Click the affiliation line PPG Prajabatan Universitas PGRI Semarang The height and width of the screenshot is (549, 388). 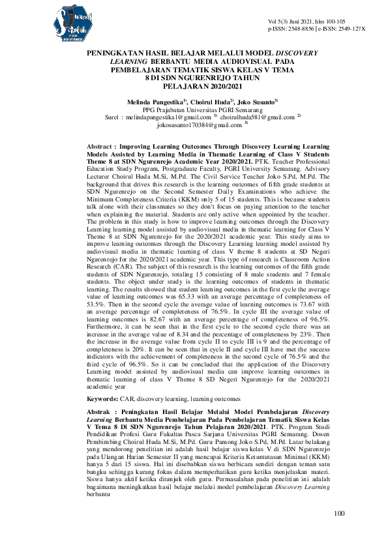tap(194, 110)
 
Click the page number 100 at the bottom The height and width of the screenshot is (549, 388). tap(338, 514)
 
